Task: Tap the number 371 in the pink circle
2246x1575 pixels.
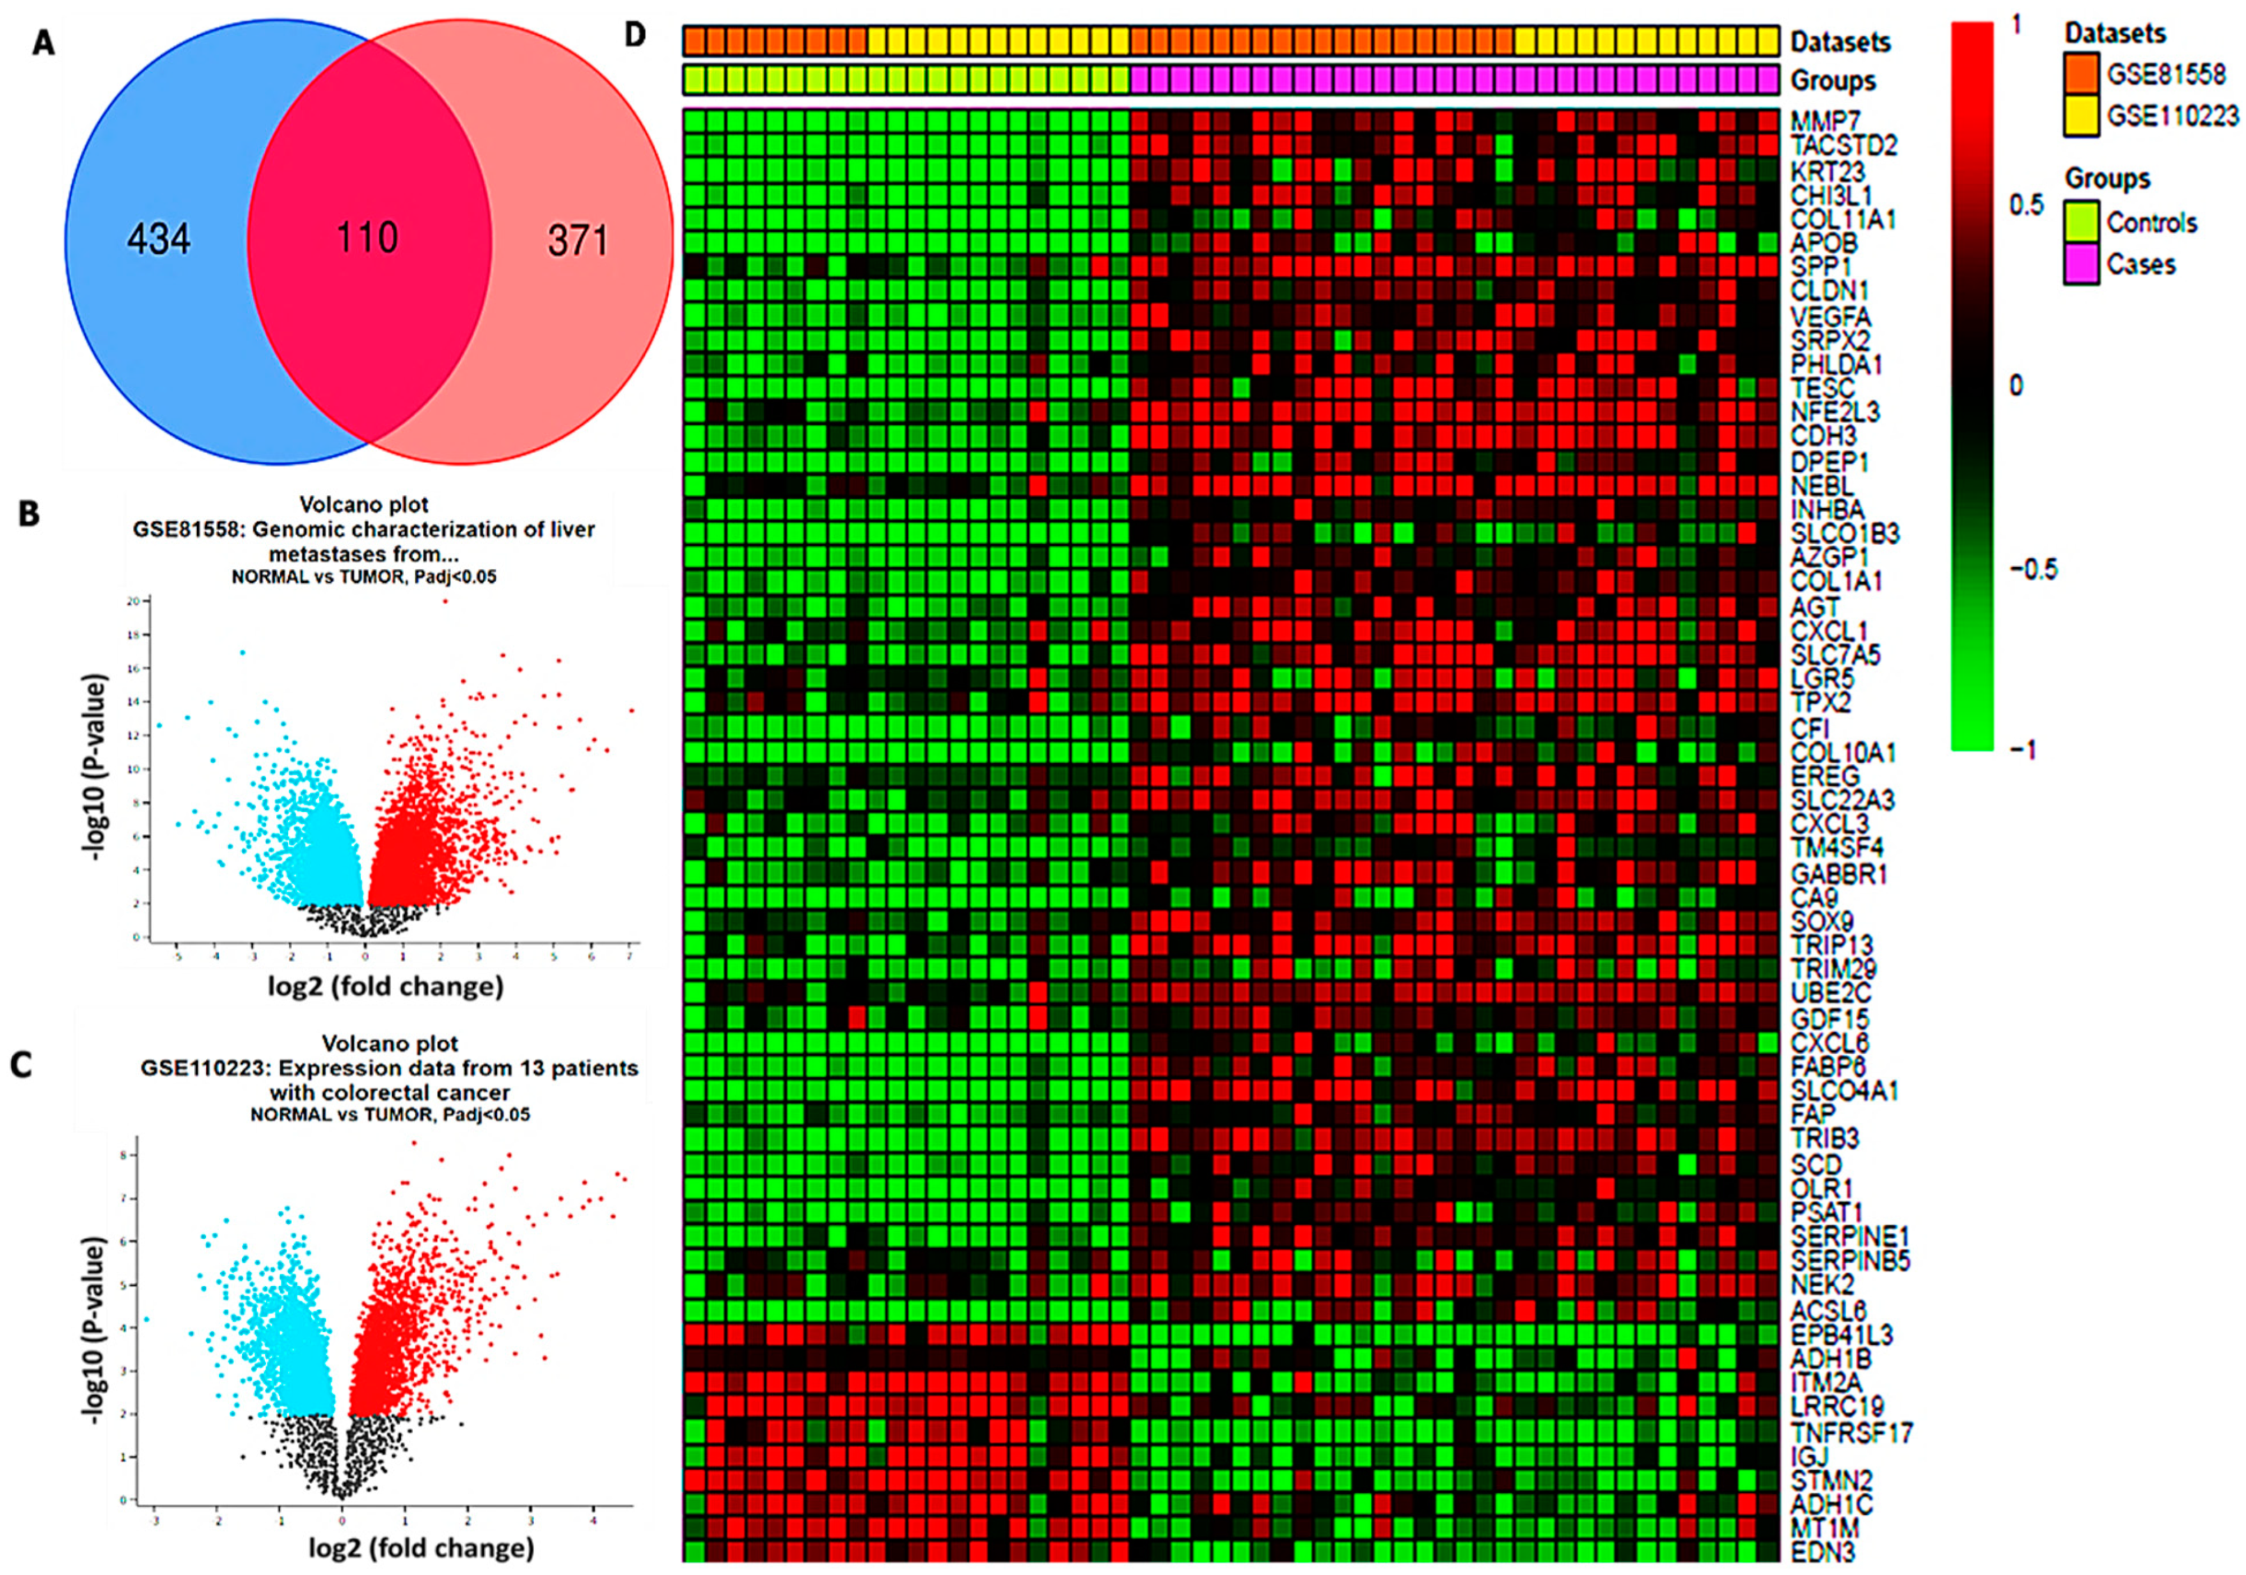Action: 578,241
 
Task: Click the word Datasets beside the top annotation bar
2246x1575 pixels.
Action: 1840,42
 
